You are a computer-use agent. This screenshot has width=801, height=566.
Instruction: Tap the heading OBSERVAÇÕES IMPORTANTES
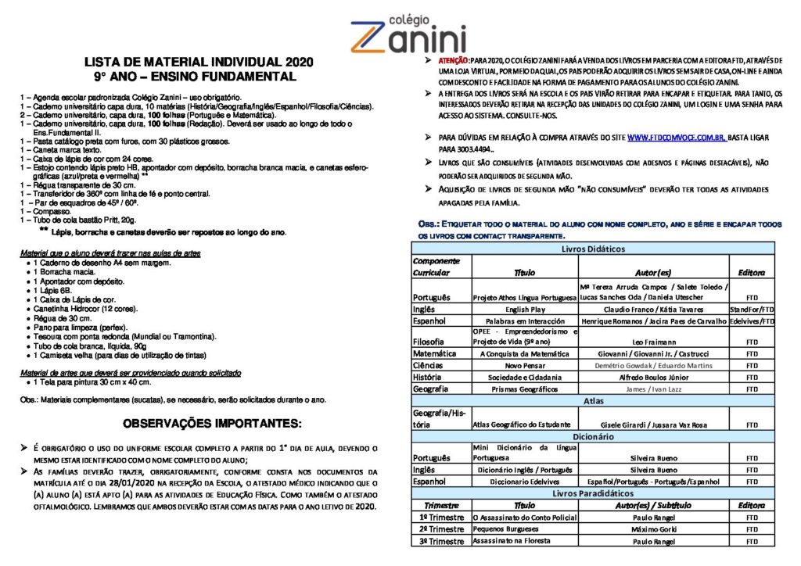tap(211, 424)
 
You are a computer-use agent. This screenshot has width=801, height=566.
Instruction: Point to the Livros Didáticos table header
tap(592, 249)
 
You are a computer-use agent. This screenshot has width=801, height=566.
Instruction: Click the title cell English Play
tap(524, 310)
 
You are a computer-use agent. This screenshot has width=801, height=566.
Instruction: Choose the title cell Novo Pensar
tap(524, 365)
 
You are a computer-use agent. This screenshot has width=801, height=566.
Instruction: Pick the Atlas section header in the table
tap(592, 400)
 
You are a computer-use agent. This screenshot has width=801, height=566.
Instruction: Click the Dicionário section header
tap(592, 437)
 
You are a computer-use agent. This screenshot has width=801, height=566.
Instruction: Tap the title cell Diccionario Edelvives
tap(524, 482)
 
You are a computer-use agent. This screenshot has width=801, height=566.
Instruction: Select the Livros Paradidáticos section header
tap(592, 493)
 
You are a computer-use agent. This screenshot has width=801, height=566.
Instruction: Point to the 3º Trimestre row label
tap(441, 541)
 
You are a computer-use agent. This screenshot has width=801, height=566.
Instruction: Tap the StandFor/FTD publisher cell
tap(751, 310)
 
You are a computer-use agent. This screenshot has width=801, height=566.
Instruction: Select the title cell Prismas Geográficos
tap(524, 389)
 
